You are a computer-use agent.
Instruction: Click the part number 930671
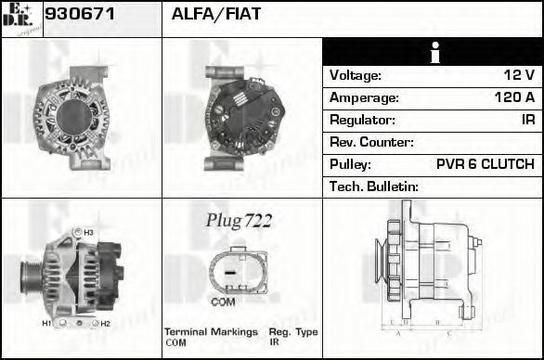tap(80, 14)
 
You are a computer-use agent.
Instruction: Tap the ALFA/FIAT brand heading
tap(215, 14)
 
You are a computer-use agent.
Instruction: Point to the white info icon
tap(434, 53)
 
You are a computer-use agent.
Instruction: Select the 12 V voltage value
tap(519, 75)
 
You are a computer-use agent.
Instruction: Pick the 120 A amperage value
tap(514, 97)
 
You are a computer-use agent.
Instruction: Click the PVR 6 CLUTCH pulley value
tap(486, 164)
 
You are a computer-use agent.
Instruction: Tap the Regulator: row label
tap(362, 120)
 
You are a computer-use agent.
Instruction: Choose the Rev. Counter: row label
tap(371, 142)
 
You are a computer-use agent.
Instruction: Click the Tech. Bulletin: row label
tap(374, 186)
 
